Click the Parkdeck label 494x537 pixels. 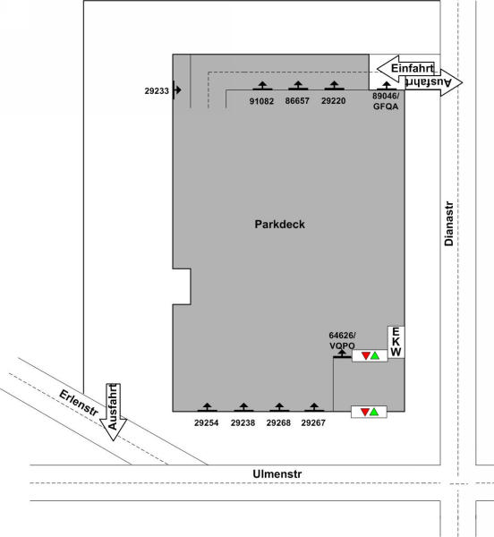[280, 225]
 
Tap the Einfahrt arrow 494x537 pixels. [405, 69]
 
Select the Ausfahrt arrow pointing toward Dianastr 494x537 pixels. [434, 82]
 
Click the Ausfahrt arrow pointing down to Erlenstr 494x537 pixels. [113, 412]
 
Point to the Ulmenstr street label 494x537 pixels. [277, 474]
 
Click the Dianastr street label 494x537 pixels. [449, 224]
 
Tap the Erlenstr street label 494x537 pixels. [79, 404]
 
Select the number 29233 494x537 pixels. [157, 91]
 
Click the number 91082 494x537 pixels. [261, 101]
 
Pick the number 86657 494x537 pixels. [297, 101]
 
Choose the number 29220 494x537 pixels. [334, 101]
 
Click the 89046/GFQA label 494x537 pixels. [386, 101]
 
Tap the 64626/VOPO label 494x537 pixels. [342, 340]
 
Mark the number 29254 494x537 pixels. [207, 423]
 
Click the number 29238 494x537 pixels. [243, 423]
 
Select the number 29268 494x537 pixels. [278, 423]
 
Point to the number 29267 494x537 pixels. [313, 423]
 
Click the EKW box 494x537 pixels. [396, 342]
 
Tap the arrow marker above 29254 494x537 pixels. [207, 407]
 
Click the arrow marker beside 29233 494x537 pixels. [176, 90]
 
